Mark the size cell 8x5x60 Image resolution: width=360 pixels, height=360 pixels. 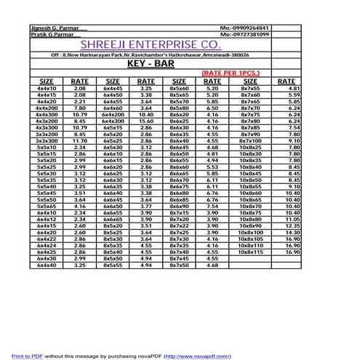tap(178, 87)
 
